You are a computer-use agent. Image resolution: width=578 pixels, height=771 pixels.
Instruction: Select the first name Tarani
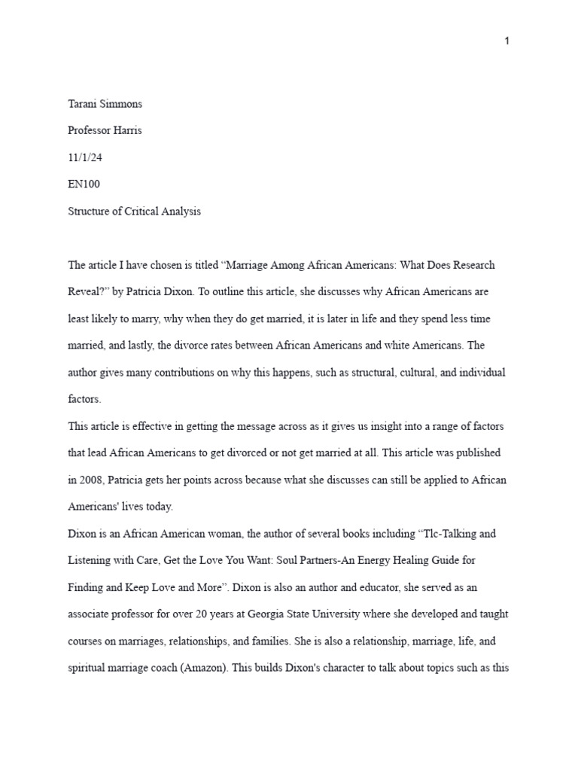pos(84,103)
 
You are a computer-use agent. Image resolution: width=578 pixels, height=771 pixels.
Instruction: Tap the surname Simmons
pos(122,103)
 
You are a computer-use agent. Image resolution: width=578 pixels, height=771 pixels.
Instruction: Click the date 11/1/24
pos(83,157)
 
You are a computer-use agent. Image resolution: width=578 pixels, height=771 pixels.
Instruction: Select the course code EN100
pos(84,184)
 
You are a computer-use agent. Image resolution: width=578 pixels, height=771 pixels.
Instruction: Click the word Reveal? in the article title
pos(89,292)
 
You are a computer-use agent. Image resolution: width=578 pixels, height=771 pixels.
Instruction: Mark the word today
pos(160,507)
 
